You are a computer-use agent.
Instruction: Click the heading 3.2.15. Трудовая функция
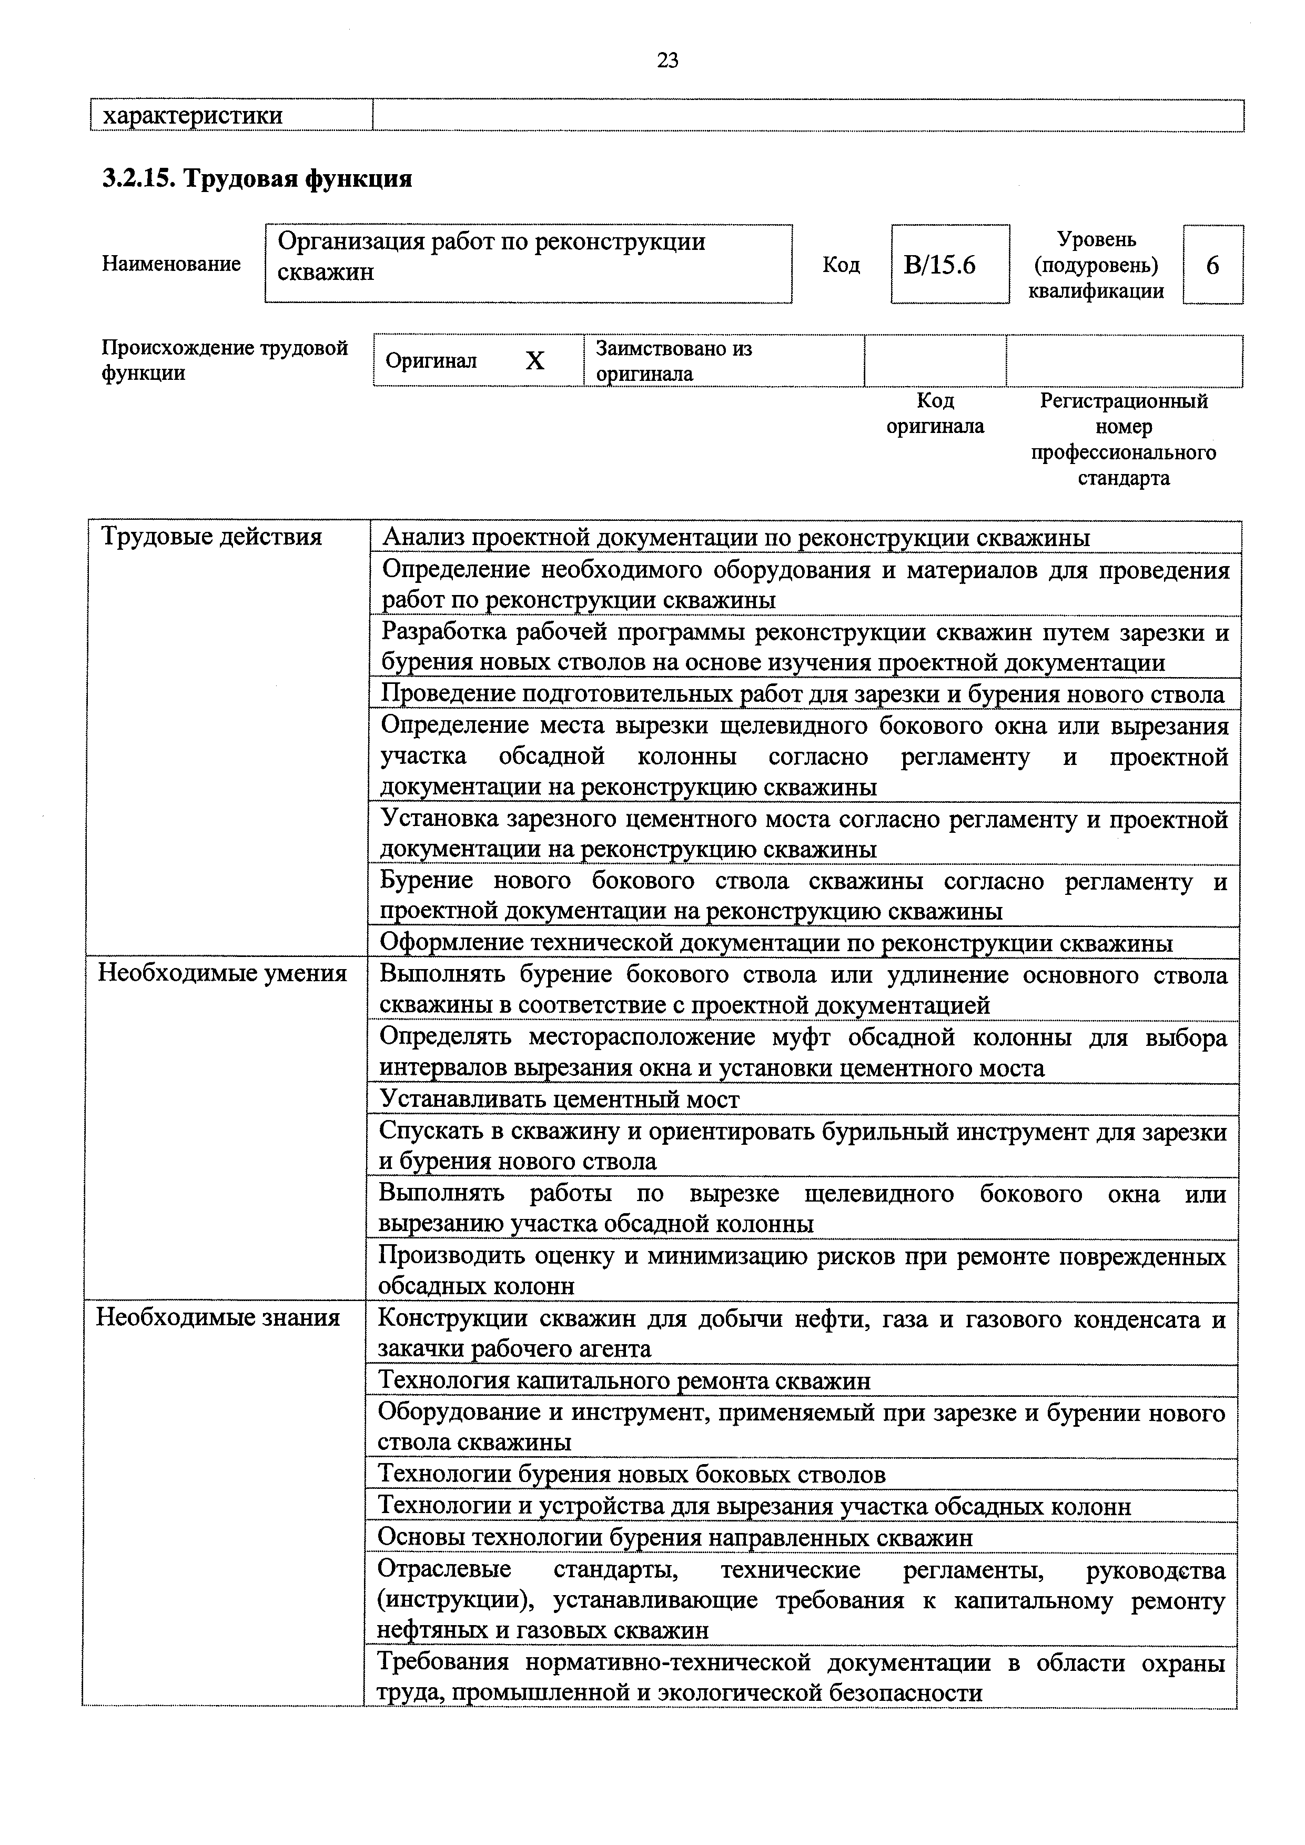click(257, 178)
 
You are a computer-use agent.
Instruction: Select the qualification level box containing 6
click(1212, 265)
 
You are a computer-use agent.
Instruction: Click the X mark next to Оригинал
click(534, 361)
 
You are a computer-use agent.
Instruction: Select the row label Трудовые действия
click(211, 537)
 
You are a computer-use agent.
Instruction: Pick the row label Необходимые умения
click(222, 973)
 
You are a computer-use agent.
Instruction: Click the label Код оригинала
click(935, 413)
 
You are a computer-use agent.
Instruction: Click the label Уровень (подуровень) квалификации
click(1096, 265)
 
